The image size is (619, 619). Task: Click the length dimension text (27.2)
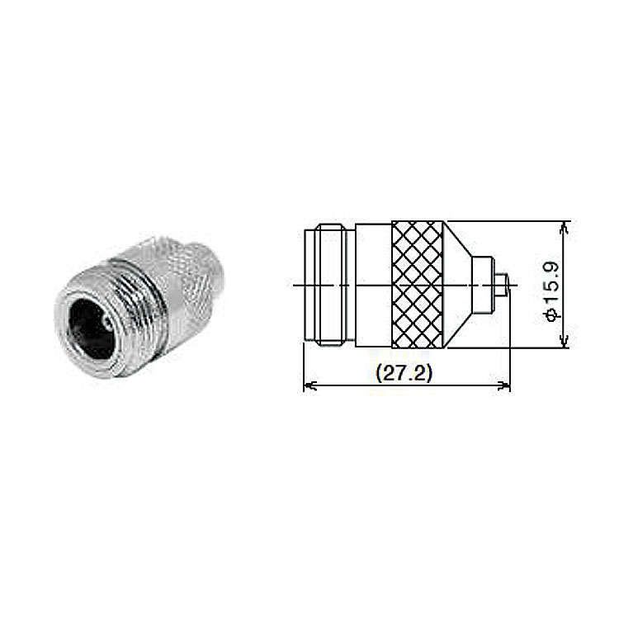coord(404,373)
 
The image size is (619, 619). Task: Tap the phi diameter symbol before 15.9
coord(552,315)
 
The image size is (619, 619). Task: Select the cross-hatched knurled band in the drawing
coord(418,285)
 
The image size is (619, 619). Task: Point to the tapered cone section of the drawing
coord(458,285)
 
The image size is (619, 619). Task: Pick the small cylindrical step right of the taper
coord(484,285)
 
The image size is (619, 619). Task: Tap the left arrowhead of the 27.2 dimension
coord(310,385)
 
